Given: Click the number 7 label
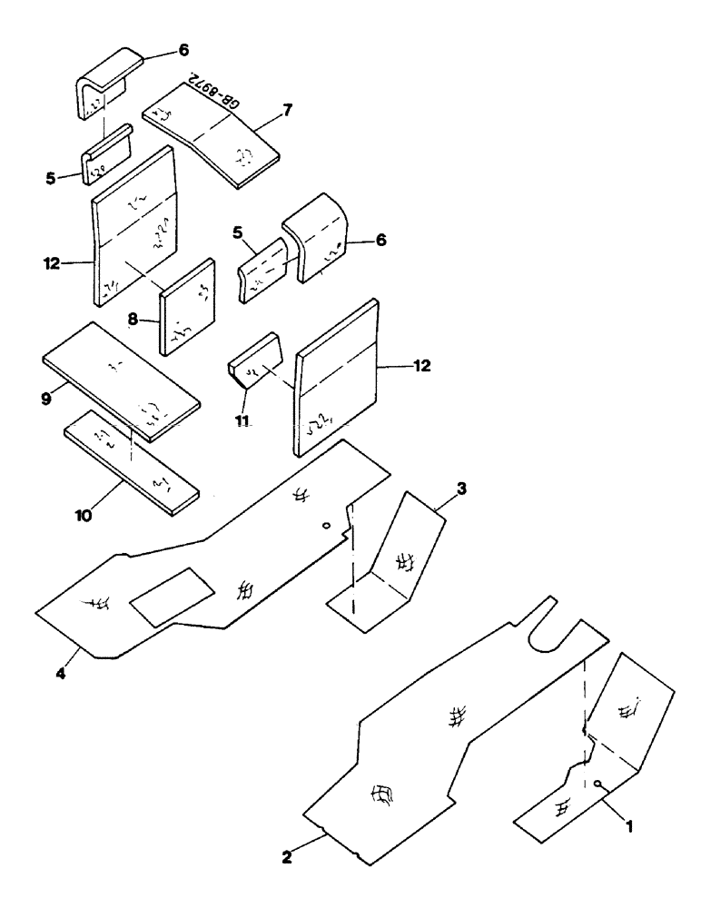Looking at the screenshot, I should click(x=287, y=110).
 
